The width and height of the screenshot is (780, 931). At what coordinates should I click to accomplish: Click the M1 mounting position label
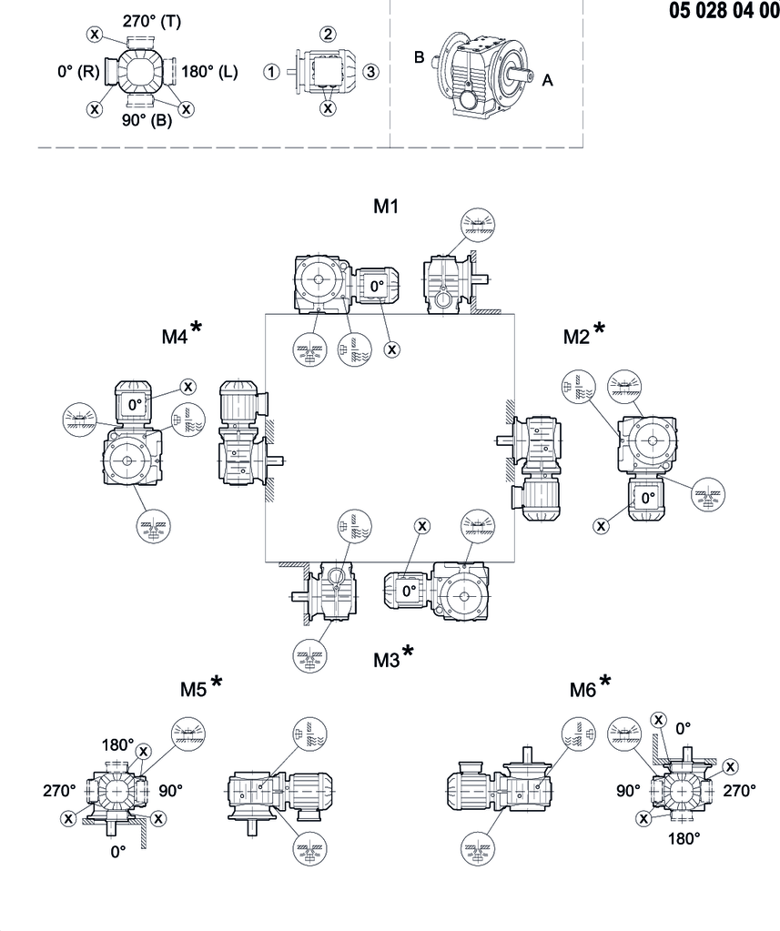click(387, 207)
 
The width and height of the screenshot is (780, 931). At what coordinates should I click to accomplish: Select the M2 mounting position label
click(577, 337)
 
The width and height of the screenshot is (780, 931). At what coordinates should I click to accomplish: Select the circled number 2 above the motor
click(328, 34)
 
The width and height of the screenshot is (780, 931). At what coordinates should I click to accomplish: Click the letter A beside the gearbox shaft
click(547, 80)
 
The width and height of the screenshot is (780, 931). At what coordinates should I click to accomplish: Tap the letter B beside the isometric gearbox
click(420, 57)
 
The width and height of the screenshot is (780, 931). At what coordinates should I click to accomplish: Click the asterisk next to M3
click(408, 651)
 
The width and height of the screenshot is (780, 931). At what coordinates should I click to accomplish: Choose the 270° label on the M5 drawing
click(63, 791)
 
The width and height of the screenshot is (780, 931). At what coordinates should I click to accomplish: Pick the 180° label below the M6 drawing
click(684, 837)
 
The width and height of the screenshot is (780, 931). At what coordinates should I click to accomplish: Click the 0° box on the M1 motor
click(377, 286)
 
